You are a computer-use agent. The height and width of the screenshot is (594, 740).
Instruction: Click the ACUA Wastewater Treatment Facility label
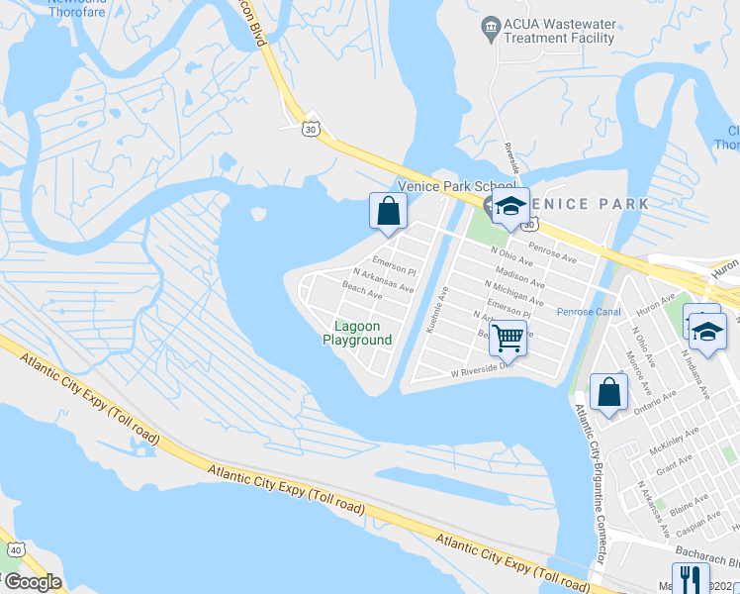559,31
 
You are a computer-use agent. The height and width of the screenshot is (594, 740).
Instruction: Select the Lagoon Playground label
357,333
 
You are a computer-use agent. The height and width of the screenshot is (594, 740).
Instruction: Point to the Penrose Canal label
589,312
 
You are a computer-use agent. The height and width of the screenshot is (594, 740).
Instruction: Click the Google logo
32,582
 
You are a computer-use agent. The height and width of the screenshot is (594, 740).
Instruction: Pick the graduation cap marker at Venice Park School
510,206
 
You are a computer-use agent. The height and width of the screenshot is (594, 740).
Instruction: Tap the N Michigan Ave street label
513,291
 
